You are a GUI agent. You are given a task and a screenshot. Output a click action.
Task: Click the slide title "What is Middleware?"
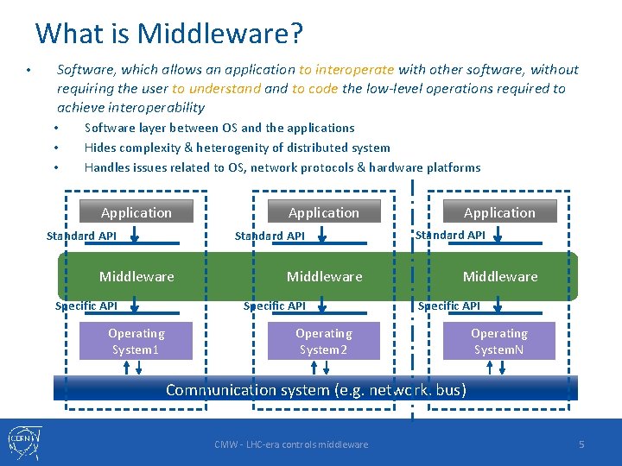point(168,34)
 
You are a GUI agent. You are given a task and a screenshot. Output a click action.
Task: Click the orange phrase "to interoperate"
point(346,70)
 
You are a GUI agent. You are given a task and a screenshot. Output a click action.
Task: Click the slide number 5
point(581,444)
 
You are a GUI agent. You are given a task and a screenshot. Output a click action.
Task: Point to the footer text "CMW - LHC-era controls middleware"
point(291,444)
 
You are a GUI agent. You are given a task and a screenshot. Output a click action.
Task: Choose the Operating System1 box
point(136,342)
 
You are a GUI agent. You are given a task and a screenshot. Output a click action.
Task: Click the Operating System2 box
point(323,342)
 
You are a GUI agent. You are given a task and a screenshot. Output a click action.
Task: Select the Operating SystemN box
point(499,342)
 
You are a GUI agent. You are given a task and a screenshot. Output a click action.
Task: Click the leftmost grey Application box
point(136,212)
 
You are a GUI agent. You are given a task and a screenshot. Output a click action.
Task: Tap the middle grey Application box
point(323,212)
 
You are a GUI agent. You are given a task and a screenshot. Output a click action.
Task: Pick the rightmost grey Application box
point(499,212)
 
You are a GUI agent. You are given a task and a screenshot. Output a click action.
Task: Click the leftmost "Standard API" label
point(81,236)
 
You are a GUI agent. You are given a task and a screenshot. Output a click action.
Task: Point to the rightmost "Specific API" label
point(449,305)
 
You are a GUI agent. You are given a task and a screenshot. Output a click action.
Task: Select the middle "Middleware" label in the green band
point(324,276)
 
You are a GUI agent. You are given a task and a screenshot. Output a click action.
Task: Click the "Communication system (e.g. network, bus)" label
point(316,389)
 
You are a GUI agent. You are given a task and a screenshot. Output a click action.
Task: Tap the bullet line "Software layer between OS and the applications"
point(219,128)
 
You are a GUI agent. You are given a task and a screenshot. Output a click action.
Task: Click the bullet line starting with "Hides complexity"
point(237,148)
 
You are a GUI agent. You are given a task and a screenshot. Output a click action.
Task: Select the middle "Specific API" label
point(275,305)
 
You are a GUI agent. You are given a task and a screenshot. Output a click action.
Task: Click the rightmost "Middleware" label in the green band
point(500,276)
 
